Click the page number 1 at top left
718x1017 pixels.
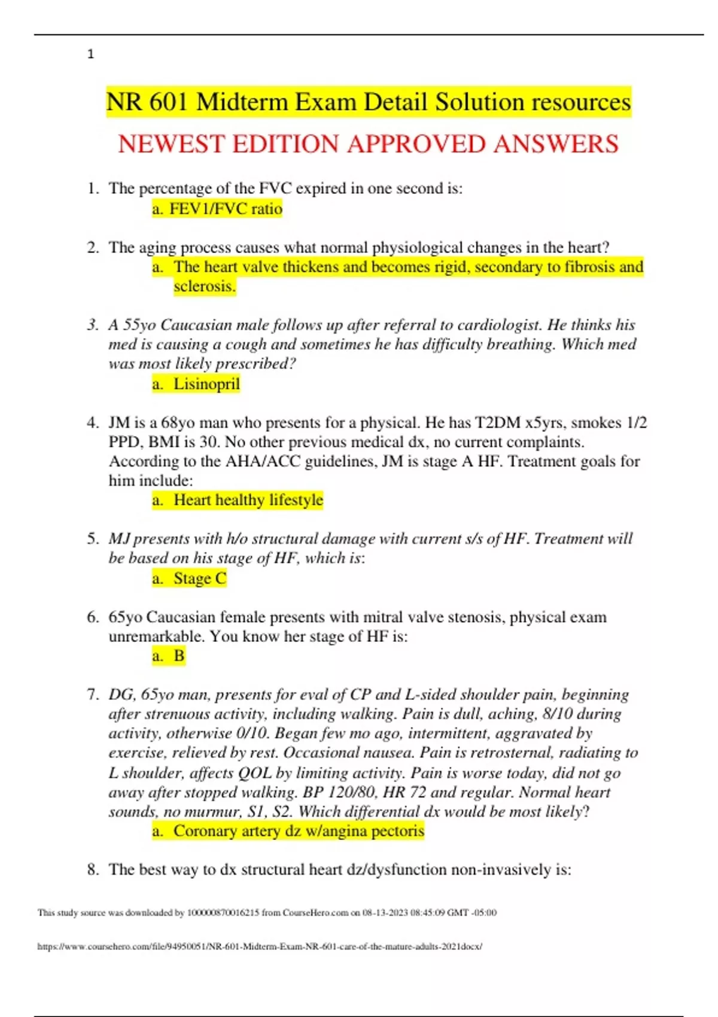[x=90, y=54]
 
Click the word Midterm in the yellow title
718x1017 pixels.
[x=242, y=102]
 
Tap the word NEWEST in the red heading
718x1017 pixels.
[x=169, y=144]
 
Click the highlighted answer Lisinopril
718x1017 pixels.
[x=206, y=383]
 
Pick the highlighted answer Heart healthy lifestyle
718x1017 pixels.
[x=248, y=500]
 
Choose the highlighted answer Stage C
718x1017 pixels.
[x=200, y=578]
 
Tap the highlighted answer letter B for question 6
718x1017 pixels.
[x=179, y=656]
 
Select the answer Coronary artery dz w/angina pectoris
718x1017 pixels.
[x=299, y=831]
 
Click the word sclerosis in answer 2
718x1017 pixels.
[x=204, y=286]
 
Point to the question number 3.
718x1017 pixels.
[x=93, y=325]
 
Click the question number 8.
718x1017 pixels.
[x=93, y=869]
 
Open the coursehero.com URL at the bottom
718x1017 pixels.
[x=260, y=946]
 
